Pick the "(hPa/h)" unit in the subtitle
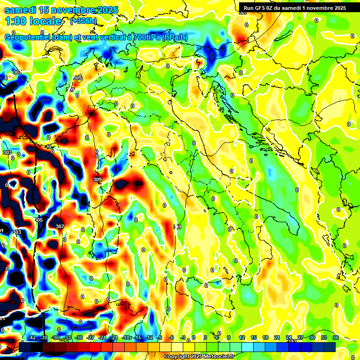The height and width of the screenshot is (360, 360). point(176,37)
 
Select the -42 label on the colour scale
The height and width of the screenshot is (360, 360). point(32,338)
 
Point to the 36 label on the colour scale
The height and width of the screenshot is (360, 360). point(336,338)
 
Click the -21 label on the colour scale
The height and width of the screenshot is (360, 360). point(114,338)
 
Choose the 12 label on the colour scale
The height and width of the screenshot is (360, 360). point(242,338)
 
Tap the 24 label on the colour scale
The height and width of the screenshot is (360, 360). point(289,338)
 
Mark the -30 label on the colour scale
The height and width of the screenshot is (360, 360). point(79,338)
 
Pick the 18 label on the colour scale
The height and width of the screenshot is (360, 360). point(265,338)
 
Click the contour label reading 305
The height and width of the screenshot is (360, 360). point(38,220)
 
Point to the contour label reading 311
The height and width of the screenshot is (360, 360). point(178,227)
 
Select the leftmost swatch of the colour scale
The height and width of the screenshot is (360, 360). point(24,347)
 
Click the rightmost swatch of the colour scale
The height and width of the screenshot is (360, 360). point(330,347)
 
